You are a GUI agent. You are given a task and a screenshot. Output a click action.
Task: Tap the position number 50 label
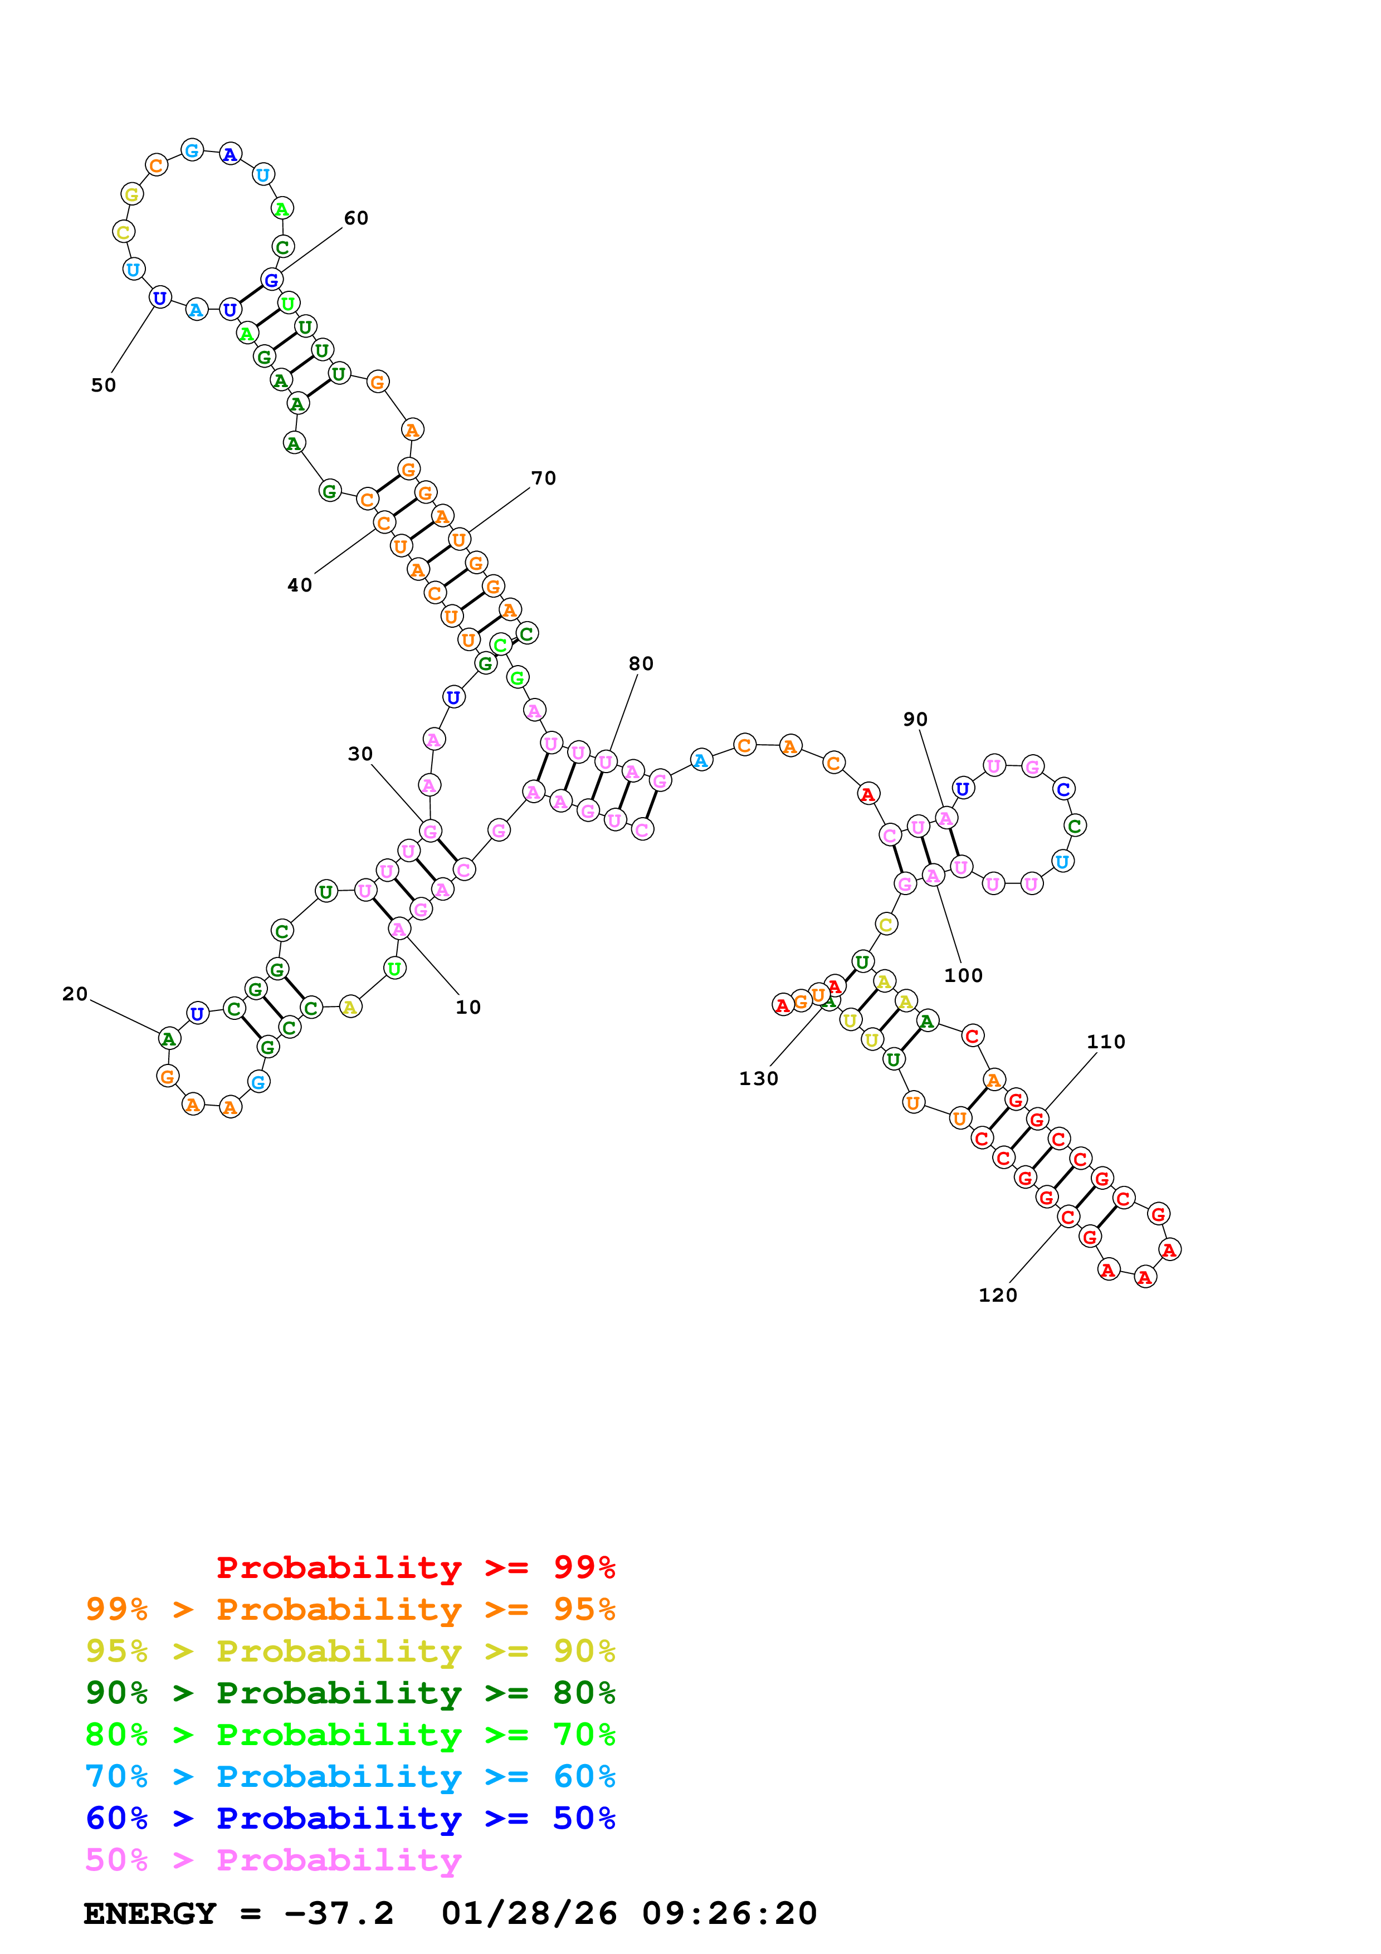(103, 385)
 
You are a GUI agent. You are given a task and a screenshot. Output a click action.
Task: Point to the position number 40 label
(300, 585)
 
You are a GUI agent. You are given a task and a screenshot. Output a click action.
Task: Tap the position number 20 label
(75, 994)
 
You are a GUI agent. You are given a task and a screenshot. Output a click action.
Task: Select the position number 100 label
(963, 975)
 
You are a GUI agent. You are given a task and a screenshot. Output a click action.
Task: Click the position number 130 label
(758, 1078)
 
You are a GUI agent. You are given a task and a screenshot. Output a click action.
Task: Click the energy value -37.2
(339, 1913)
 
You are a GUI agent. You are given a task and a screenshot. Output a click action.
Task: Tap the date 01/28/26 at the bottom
(529, 1913)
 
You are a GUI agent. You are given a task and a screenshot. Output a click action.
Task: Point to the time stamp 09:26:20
(729, 1913)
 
